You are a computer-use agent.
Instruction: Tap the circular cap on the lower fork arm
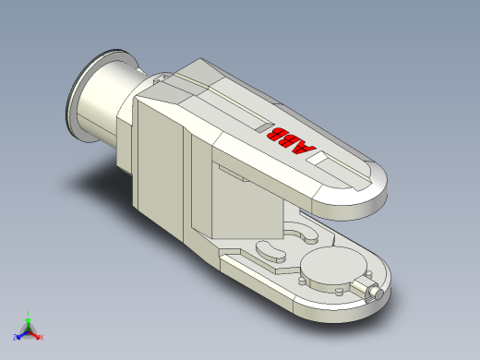pos(330,272)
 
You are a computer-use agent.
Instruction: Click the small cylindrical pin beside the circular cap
pos(374,293)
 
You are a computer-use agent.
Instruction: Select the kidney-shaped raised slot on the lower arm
pos(269,248)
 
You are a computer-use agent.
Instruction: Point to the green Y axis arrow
pos(29,318)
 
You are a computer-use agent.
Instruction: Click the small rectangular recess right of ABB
pos(322,159)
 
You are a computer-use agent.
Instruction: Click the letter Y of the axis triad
pos(29,312)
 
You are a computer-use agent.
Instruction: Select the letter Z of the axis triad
pos(16,338)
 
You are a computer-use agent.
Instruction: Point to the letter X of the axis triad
pos(42,338)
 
